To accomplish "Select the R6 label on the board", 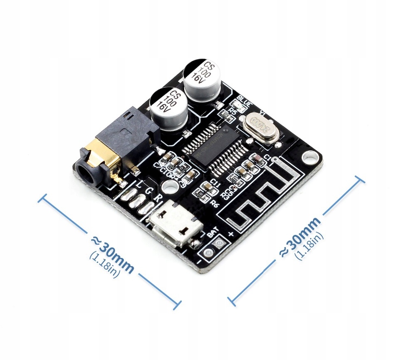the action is pyautogui.click(x=215, y=203).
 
